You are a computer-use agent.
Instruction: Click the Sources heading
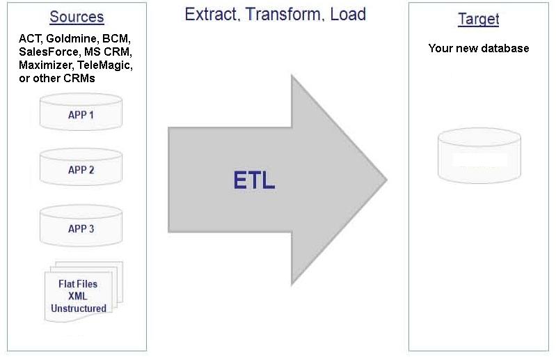[x=77, y=17]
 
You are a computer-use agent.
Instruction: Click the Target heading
[x=478, y=19]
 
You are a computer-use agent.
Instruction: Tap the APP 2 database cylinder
[x=81, y=169]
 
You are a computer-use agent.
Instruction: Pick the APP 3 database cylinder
[x=81, y=228]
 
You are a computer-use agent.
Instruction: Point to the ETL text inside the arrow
[x=254, y=181]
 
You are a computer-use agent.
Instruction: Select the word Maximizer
[x=46, y=65]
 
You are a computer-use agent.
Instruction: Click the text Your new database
[x=478, y=48]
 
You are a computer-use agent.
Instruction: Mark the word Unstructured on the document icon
[x=79, y=308]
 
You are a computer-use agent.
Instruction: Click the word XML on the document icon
[x=79, y=296]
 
